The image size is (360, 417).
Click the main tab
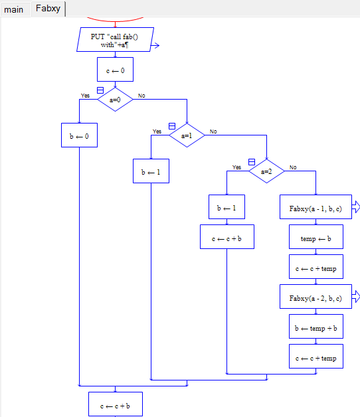pos(14,10)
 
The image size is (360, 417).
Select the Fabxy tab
pos(48,9)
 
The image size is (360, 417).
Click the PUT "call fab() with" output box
pos(115,40)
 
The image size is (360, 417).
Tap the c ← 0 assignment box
pos(115,70)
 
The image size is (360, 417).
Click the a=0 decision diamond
pos(115,100)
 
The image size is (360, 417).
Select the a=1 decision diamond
pos(187,135)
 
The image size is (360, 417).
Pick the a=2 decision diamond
pos(266,171)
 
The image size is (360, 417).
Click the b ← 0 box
pos(79,135)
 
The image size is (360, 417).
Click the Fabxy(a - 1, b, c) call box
pos(316,207)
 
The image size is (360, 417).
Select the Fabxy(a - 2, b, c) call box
pos(316,297)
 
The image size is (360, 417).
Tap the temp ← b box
pos(316,237)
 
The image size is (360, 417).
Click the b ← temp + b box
pos(316,327)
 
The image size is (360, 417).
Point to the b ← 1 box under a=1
pos(151,171)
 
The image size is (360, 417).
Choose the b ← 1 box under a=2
pos(226,207)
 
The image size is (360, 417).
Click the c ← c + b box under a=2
pos(227,237)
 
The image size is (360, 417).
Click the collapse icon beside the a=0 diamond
pos(100,90)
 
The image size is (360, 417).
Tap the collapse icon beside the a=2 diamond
pos(252,162)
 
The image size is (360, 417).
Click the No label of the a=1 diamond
pos(213,131)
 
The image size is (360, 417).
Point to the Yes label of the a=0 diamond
pos(85,96)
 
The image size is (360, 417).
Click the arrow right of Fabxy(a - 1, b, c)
pos(356,207)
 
